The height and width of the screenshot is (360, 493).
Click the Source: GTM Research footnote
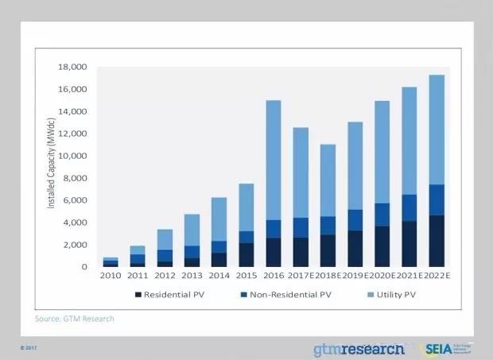[x=75, y=319]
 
